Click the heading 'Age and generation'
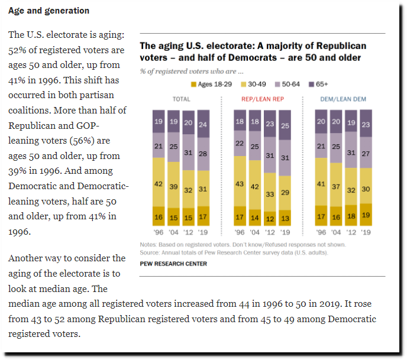[x=49, y=11]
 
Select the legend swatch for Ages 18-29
[x=193, y=85]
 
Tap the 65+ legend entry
[x=318, y=85]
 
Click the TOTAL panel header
[x=182, y=99]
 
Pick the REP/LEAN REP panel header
[x=263, y=99]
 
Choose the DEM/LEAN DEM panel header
[x=343, y=99]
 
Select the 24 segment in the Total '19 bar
[x=204, y=124]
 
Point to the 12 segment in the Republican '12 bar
[x=270, y=219]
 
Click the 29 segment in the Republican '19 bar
[x=285, y=193]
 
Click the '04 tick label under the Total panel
[x=174, y=232]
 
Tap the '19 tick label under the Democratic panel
[x=366, y=232]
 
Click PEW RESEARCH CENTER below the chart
[x=173, y=264]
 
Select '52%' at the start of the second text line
[x=17, y=50]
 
